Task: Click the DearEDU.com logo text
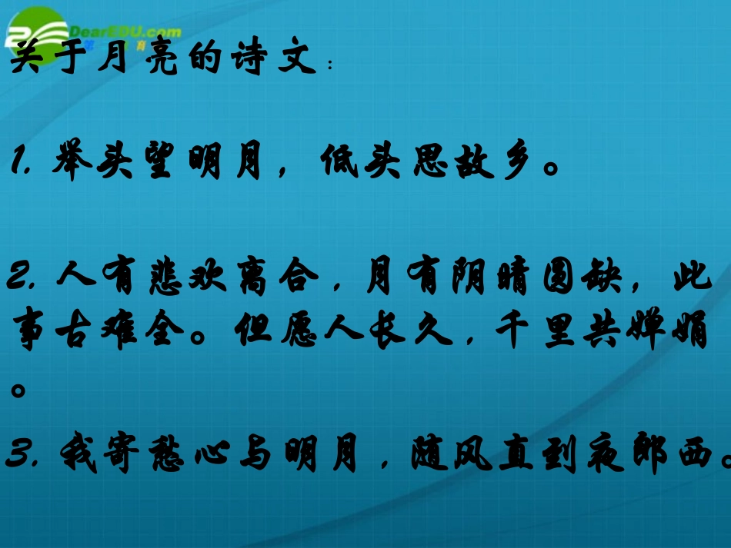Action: [x=123, y=32]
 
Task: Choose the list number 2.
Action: [x=23, y=280]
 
